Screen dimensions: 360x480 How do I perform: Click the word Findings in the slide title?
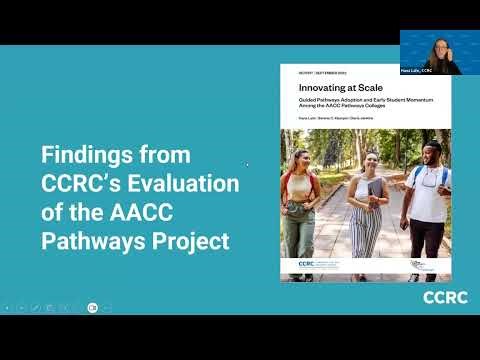(87, 156)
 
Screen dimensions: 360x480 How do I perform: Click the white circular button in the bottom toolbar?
(92, 308)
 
